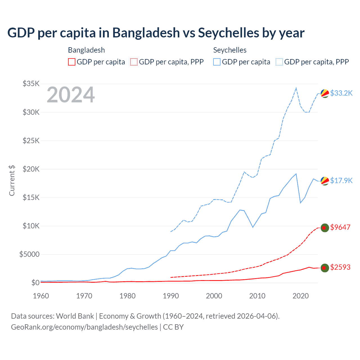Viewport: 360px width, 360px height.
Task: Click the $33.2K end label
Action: coord(341,93)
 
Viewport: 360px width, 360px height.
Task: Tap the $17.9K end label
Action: coord(341,181)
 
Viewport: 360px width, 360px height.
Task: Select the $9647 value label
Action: coord(340,227)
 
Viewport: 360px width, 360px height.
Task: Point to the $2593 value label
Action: coord(340,267)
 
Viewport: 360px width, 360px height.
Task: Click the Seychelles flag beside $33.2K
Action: coord(325,93)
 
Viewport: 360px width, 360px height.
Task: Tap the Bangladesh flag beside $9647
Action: coord(325,228)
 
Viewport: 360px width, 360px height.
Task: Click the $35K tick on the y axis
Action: coord(31,84)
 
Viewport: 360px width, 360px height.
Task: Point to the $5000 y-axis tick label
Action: coord(29,254)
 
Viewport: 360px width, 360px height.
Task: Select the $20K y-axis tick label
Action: coord(31,169)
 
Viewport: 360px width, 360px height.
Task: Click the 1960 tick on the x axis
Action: coord(41,296)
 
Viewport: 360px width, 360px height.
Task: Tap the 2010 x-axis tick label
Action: coord(257,296)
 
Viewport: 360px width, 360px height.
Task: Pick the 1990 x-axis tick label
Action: coord(171,296)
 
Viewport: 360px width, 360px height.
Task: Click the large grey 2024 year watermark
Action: coord(71,95)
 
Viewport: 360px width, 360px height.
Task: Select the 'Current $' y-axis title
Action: coord(12,180)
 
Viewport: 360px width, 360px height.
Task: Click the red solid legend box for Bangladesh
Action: coord(72,62)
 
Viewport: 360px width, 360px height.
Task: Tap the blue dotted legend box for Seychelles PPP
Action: coord(279,62)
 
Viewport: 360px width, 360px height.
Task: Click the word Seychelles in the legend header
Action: coord(230,50)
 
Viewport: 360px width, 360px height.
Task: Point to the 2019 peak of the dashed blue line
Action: coord(296,88)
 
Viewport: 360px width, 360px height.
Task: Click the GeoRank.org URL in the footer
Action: coord(84,327)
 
